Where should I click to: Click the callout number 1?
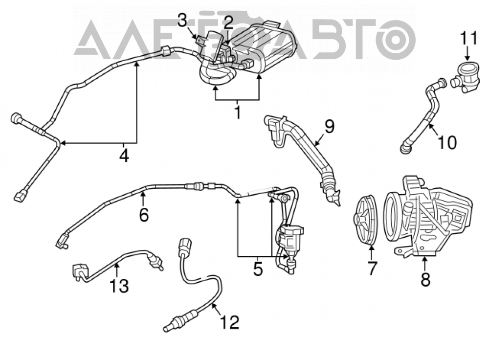238,112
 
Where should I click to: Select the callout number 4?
124,155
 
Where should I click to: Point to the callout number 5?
258,269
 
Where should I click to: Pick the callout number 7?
372,268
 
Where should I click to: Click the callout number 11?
469,38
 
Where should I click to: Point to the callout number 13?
119,286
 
